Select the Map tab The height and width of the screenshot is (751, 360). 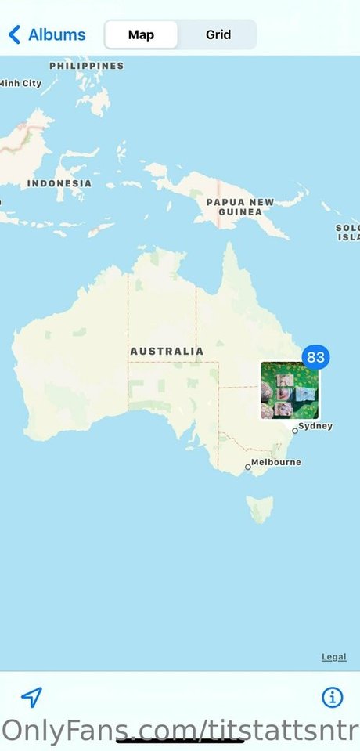pyautogui.click(x=141, y=35)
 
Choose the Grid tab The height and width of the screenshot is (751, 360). pyautogui.click(x=218, y=35)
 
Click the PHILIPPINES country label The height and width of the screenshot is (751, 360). pyautogui.click(x=86, y=66)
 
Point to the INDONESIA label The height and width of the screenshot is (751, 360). pyautogui.click(x=59, y=183)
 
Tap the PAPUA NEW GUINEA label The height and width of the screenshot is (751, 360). pyautogui.click(x=240, y=207)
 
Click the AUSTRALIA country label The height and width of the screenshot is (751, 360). pyautogui.click(x=167, y=352)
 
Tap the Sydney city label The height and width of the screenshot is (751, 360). pyautogui.click(x=315, y=426)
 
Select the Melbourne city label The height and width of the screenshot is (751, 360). pyautogui.click(x=275, y=462)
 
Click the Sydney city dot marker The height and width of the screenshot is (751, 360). pyautogui.click(x=295, y=431)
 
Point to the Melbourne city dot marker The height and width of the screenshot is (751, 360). pyautogui.click(x=248, y=467)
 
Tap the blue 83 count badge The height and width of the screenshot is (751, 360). pyautogui.click(x=315, y=358)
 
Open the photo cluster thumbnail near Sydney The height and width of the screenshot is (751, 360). pyautogui.click(x=290, y=391)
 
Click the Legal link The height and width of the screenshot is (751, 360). pyautogui.click(x=333, y=657)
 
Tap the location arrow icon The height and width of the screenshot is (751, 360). pyautogui.click(x=31, y=697)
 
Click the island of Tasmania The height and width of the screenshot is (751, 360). pyautogui.click(x=260, y=508)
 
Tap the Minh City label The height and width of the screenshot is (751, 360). pyautogui.click(x=20, y=83)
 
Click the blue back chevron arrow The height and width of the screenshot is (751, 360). pyautogui.click(x=14, y=35)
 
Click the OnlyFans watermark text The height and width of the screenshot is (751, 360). pyautogui.click(x=180, y=730)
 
